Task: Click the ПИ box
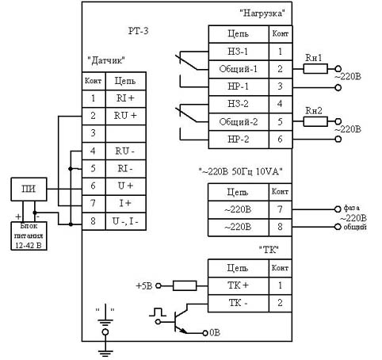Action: click(x=29, y=189)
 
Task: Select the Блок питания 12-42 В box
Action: click(x=29, y=236)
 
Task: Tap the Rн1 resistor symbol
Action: click(x=315, y=69)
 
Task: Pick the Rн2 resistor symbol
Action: click(x=315, y=121)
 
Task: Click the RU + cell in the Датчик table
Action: click(x=126, y=116)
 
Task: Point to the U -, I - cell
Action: click(x=126, y=221)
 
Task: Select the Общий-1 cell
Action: click(x=239, y=69)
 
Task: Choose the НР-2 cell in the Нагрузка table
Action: click(x=239, y=140)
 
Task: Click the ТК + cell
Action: click(x=239, y=285)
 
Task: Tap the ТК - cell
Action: click(x=239, y=303)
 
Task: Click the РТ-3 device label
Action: click(x=139, y=31)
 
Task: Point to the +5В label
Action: click(x=144, y=286)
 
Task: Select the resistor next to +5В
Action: click(x=185, y=285)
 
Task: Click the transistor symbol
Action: click(x=180, y=320)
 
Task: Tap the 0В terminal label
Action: click(x=215, y=333)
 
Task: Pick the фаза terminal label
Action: click(x=351, y=208)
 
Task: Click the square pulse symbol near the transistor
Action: click(x=158, y=312)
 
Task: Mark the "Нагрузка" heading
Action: click(x=262, y=13)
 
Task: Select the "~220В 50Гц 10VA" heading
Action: click(x=240, y=171)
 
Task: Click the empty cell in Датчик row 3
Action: click(x=126, y=133)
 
